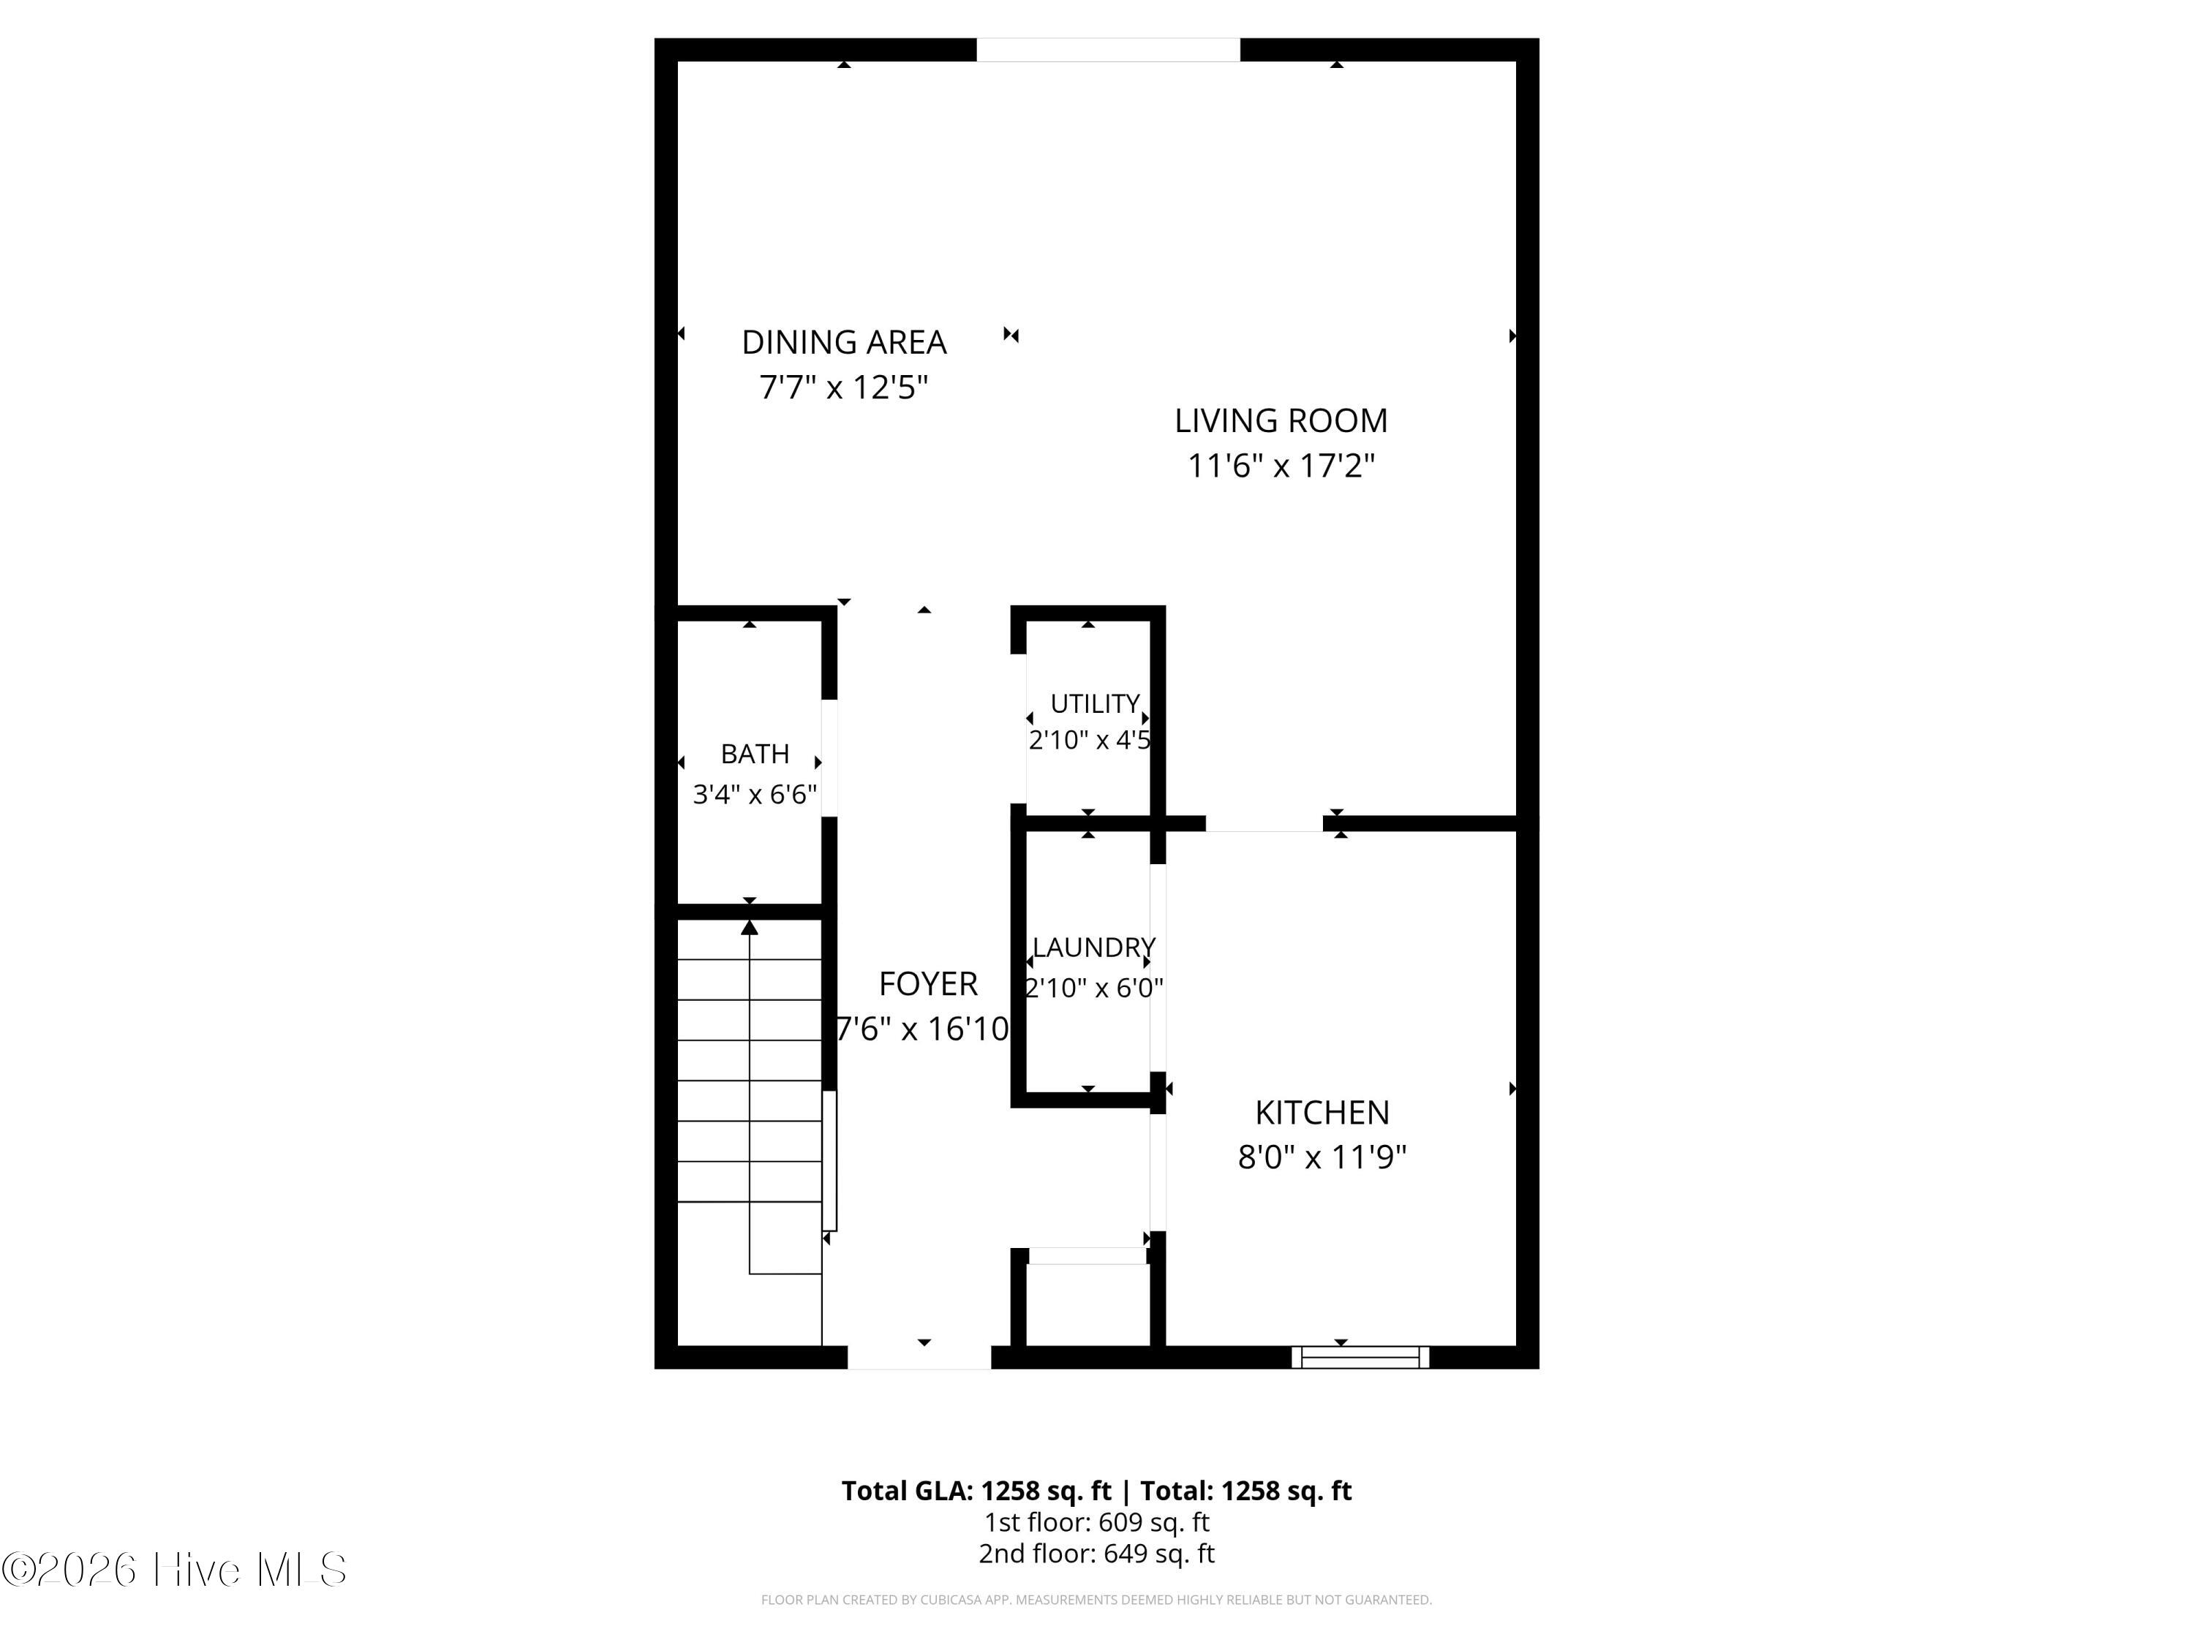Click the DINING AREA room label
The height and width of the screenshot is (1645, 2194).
click(844, 342)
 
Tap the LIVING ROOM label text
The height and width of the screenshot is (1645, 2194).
click(1281, 420)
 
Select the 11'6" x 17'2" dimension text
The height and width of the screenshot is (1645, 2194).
click(1281, 465)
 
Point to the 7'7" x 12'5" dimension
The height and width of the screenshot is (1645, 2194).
click(844, 387)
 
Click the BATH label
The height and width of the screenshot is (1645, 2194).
click(755, 755)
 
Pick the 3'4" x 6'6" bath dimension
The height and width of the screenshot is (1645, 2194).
click(755, 794)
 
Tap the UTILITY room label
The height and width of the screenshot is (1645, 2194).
click(1095, 704)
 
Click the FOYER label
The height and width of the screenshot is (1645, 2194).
click(928, 983)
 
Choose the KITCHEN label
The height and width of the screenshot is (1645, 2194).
click(1322, 1113)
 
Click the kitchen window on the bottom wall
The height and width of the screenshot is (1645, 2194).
click(1360, 1358)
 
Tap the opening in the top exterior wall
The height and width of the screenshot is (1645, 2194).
click(1108, 50)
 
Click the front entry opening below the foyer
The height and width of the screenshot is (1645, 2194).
click(919, 1358)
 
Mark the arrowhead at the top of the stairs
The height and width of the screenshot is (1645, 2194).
click(750, 927)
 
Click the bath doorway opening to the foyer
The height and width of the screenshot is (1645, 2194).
click(829, 759)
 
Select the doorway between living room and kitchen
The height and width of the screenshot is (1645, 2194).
click(1264, 823)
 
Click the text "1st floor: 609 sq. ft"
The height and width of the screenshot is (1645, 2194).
click(1097, 1522)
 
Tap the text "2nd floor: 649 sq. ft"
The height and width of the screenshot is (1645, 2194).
click(1097, 1554)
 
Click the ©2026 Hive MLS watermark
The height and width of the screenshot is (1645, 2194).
click(175, 1570)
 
